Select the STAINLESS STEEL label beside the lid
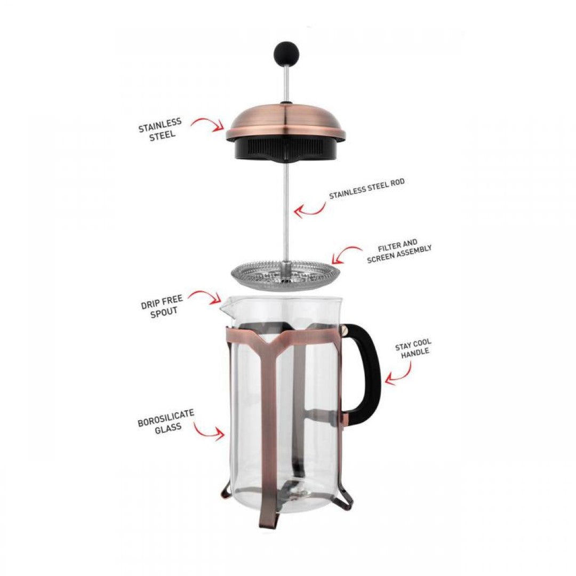tap(160, 129)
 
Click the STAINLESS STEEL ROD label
tap(367, 189)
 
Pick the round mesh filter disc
tap(285, 275)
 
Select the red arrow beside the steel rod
tap(311, 209)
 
